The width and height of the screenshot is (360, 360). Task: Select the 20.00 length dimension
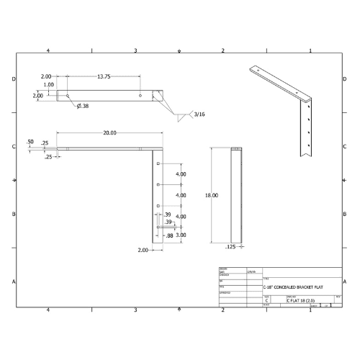click(x=109, y=132)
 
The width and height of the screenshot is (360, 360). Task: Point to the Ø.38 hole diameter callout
click(x=83, y=106)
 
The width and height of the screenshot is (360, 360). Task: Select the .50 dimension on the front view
click(x=30, y=142)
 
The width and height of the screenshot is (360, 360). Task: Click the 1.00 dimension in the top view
click(x=49, y=85)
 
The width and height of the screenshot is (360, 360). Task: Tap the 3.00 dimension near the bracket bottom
click(x=181, y=235)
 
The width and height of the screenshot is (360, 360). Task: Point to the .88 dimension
click(x=169, y=235)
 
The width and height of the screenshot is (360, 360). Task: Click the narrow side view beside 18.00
click(x=236, y=194)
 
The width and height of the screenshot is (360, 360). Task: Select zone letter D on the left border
click(x=14, y=78)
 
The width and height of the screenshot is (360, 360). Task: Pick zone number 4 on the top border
click(x=48, y=50)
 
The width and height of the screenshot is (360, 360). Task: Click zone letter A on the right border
click(x=346, y=281)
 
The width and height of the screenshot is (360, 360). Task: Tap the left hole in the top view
click(x=68, y=95)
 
